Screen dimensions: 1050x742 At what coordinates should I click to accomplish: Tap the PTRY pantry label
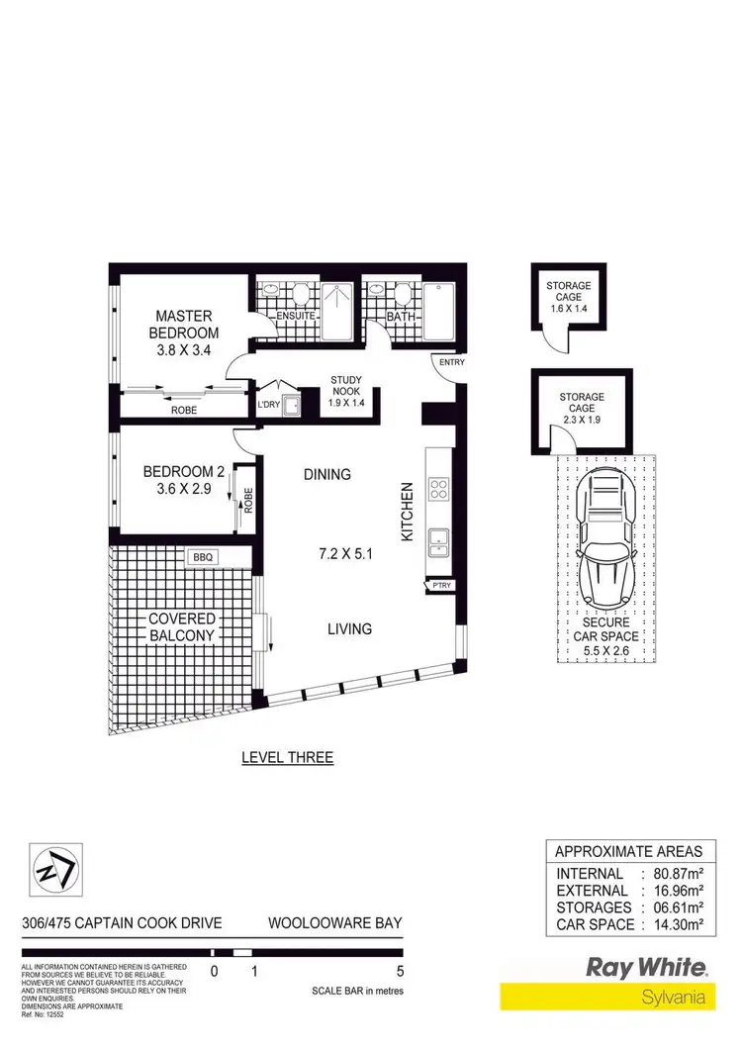pyautogui.click(x=441, y=586)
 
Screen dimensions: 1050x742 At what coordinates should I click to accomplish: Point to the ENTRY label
pyautogui.click(x=451, y=363)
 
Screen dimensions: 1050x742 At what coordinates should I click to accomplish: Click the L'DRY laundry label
pyautogui.click(x=268, y=406)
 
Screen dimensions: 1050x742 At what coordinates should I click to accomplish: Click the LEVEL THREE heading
pyautogui.click(x=288, y=758)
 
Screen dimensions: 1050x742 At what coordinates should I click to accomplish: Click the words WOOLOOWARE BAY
pyautogui.click(x=335, y=923)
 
